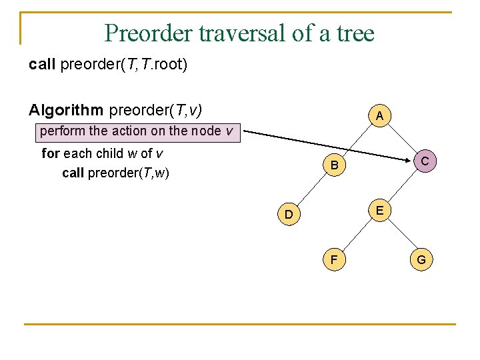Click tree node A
pyautogui.click(x=379, y=117)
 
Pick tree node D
pyautogui.click(x=289, y=214)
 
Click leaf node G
pyautogui.click(x=421, y=259)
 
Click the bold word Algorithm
pyautogui.click(x=66, y=109)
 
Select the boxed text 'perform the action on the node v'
pyautogui.click(x=137, y=131)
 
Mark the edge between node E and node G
pyautogui.click(x=401, y=235)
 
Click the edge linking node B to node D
pyautogui.click(x=312, y=190)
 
